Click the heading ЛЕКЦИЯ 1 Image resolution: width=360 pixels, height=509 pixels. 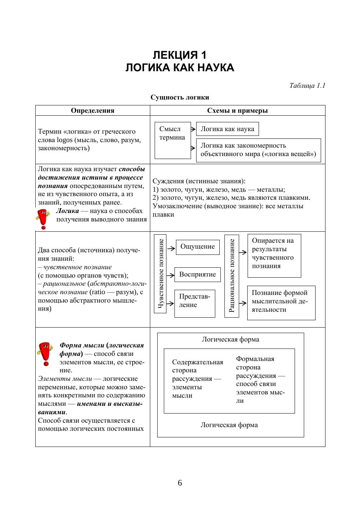[180, 55]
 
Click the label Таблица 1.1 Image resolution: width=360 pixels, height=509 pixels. [307, 86]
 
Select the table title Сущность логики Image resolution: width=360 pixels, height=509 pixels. [180, 97]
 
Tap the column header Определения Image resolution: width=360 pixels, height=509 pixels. [93, 111]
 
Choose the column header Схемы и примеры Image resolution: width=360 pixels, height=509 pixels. [237, 111]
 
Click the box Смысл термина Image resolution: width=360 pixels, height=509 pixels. [172, 140]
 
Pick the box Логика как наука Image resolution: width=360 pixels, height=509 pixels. [227, 129]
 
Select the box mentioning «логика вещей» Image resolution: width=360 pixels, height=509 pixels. [258, 150]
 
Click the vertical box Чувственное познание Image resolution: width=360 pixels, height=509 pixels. [160, 274]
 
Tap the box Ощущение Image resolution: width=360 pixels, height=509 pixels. [197, 247]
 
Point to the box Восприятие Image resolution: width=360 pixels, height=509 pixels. [197, 274]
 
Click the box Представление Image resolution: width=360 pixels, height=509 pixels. [194, 303]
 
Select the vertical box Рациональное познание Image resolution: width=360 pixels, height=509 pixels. [231, 276]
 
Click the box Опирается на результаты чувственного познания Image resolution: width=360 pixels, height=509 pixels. [274, 256]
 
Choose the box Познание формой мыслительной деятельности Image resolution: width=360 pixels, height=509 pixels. [281, 303]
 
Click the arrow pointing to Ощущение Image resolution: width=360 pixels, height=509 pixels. [171, 248]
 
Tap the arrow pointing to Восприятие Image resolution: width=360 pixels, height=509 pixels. [170, 275]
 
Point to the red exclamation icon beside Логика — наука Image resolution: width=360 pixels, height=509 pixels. [43, 219]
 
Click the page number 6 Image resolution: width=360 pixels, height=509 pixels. [180, 483]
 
